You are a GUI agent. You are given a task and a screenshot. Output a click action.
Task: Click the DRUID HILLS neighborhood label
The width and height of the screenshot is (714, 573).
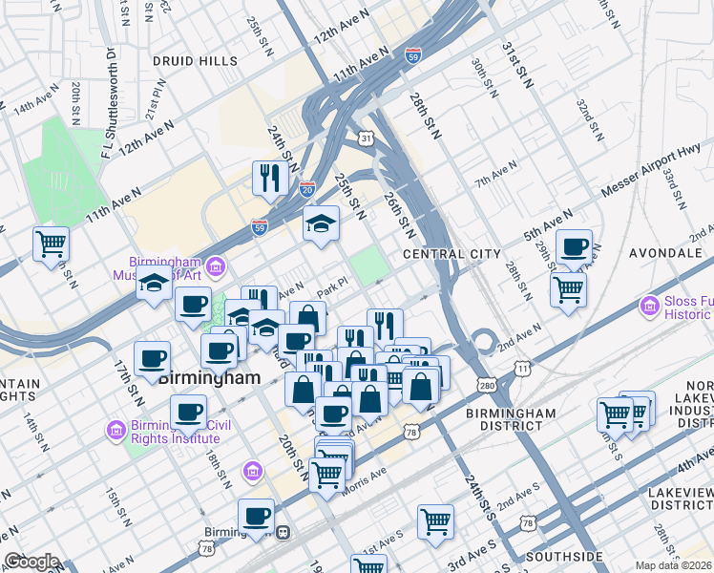195,61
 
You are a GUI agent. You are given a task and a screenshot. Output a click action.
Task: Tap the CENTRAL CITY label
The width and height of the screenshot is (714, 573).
451,254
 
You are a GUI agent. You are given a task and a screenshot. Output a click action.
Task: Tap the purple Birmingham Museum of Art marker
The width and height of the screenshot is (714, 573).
216,264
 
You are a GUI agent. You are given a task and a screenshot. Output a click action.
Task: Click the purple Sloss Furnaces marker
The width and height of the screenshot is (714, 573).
650,306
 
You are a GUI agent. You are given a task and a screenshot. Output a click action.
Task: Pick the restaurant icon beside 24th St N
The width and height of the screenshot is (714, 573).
270,178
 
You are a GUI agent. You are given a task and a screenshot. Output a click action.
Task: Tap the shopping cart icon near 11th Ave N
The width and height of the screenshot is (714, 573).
51,243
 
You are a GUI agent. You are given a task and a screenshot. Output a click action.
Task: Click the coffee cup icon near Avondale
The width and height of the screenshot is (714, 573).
574,246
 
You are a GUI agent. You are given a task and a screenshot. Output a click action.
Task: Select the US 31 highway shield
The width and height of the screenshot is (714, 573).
367,139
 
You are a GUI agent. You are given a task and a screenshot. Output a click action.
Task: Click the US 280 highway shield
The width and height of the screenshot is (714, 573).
488,385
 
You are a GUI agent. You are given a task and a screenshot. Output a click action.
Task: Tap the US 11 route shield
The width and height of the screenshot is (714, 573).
522,367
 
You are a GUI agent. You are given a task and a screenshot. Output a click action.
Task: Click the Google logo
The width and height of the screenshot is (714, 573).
31,562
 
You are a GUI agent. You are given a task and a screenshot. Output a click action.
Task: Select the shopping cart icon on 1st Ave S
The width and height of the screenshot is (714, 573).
435,521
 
